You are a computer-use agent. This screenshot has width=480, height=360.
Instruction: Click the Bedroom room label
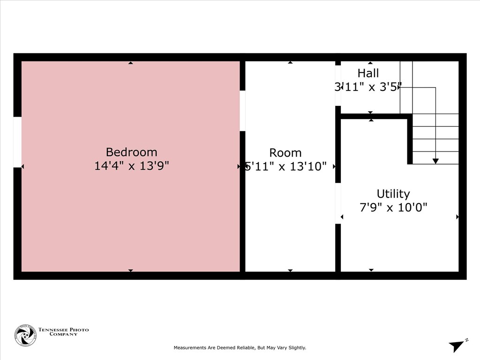(131, 152)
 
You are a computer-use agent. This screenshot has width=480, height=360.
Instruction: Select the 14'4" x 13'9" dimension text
(131, 166)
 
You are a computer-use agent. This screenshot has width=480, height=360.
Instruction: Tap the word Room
(285, 153)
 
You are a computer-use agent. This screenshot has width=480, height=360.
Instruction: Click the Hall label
(368, 73)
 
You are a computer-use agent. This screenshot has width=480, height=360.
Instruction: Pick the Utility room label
(393, 194)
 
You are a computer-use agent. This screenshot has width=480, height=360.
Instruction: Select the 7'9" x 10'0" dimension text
(393, 207)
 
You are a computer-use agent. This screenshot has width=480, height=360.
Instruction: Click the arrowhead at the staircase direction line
(435, 161)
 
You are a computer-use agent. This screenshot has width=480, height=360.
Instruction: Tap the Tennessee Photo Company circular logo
(25, 335)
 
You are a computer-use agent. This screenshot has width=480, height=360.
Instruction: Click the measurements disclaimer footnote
(240, 348)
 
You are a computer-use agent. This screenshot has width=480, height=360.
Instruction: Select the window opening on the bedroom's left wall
(17, 142)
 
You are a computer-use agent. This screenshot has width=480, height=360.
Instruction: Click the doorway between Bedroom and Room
(242, 111)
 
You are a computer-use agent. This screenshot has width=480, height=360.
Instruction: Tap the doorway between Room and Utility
(337, 203)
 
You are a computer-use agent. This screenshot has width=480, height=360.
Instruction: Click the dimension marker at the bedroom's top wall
(131, 62)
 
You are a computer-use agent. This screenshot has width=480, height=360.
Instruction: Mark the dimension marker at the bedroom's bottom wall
(131, 270)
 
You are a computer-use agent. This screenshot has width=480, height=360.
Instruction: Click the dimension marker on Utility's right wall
(457, 217)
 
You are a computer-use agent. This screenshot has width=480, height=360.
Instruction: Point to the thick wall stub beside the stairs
(410, 140)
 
